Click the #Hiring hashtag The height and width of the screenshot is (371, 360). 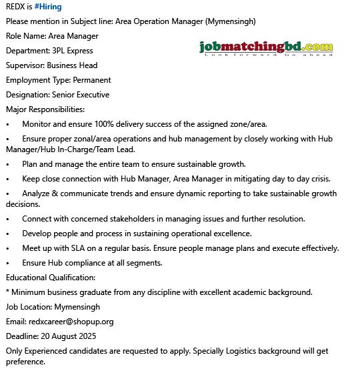coord(48,7)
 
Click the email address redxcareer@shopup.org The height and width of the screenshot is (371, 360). coord(71,322)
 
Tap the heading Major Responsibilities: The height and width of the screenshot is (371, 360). coord(45,109)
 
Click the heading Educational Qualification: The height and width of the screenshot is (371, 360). coord(51,278)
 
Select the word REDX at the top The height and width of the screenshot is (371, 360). coord(16,7)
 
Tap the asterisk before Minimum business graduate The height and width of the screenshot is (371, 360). coord(7,292)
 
